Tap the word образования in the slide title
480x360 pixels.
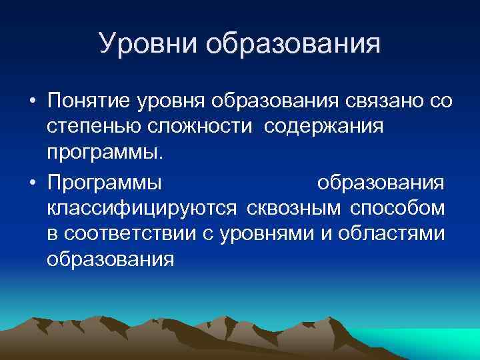pos(293,45)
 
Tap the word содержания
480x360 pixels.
pos(323,127)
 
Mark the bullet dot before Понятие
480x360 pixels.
pos(31,102)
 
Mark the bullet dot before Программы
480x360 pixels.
pos(31,182)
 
